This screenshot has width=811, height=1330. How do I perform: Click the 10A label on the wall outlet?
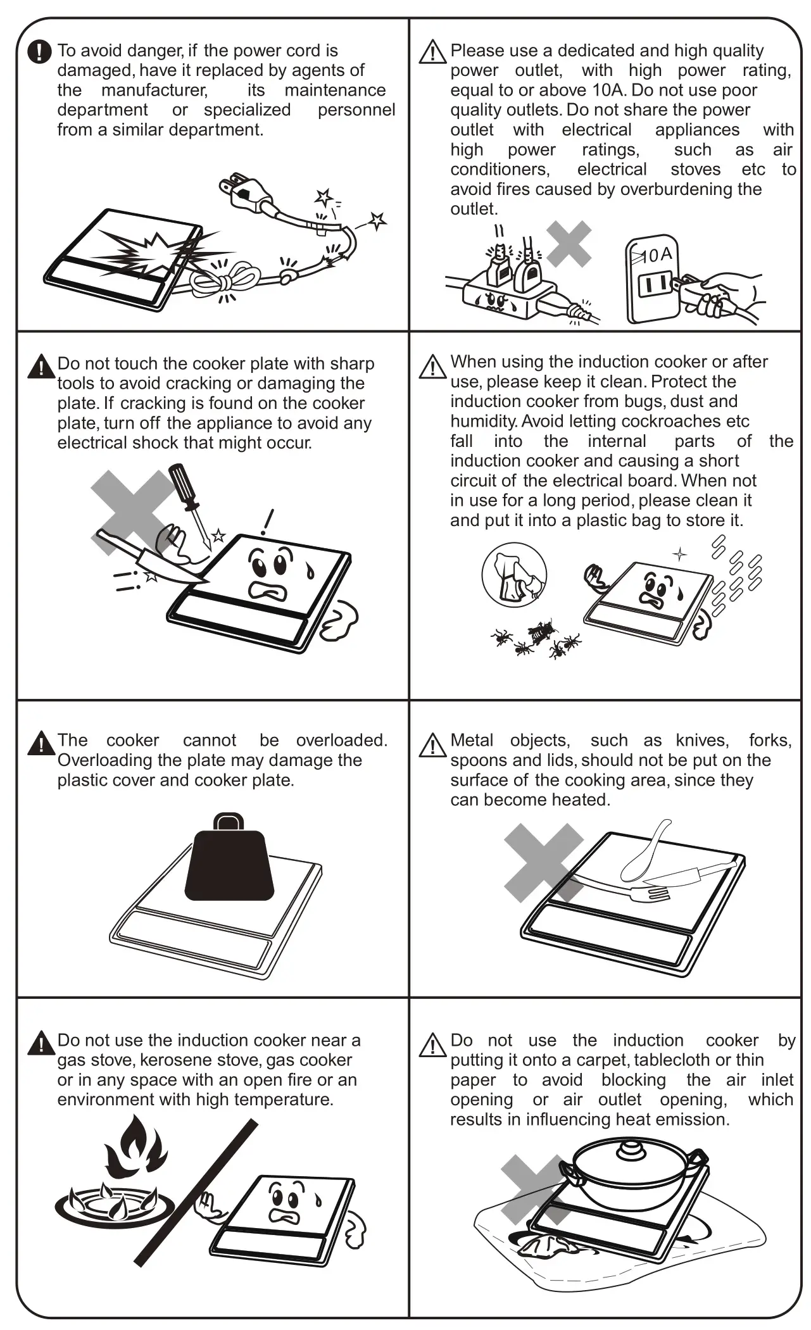click(656, 254)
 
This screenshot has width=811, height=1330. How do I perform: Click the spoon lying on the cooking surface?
click(646, 851)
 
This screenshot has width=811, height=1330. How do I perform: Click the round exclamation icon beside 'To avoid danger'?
click(39, 51)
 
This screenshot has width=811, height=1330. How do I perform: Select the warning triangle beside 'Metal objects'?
click(432, 745)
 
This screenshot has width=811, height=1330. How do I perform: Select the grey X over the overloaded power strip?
click(569, 244)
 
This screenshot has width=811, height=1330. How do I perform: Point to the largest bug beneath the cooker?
click(543, 630)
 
